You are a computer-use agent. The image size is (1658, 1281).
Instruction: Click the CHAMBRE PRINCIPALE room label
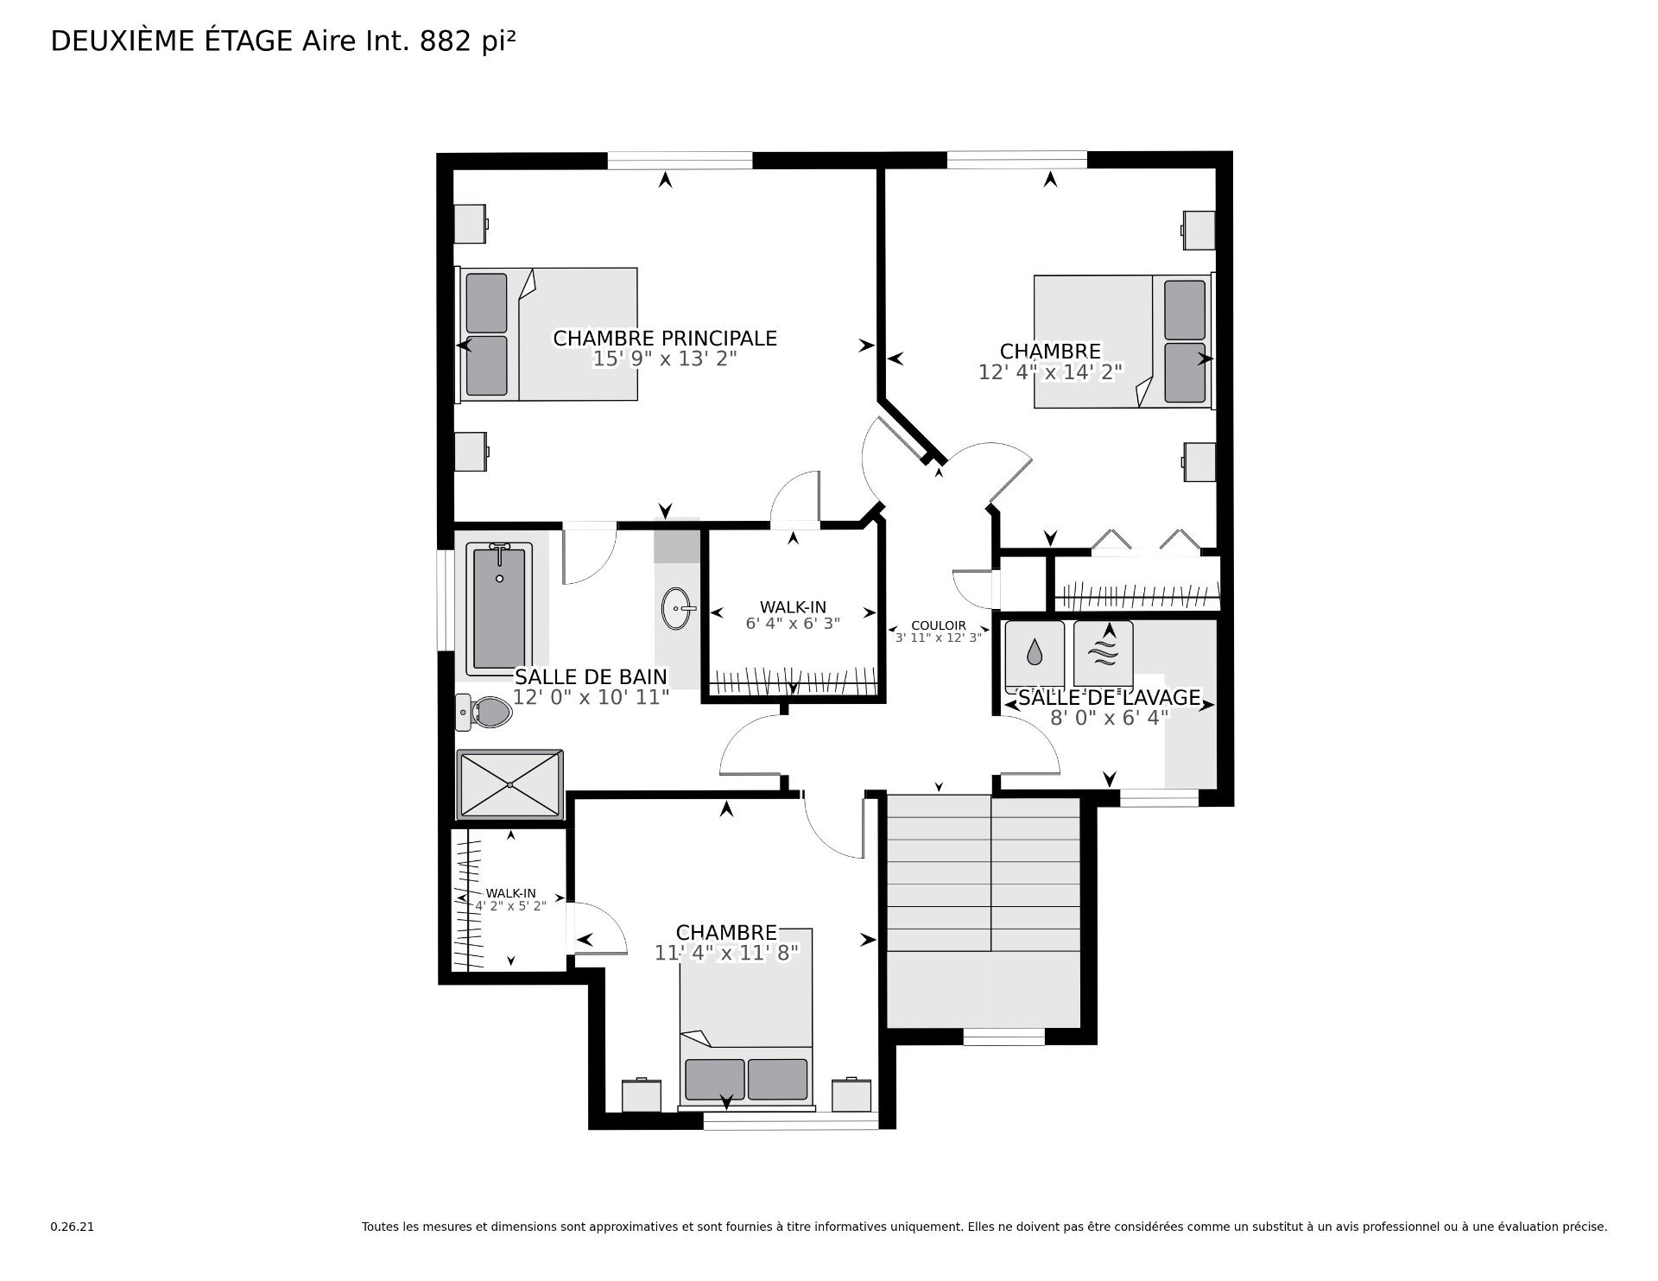pyautogui.click(x=665, y=339)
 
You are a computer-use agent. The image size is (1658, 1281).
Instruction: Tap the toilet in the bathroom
pyautogui.click(x=484, y=712)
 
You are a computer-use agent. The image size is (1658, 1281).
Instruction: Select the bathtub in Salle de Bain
pyautogui.click(x=499, y=609)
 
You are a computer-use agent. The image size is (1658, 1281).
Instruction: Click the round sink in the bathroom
pyautogui.click(x=679, y=610)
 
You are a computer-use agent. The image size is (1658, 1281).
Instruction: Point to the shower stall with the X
pyautogui.click(x=509, y=783)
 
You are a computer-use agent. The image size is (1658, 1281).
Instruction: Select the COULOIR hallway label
pyautogui.click(x=939, y=625)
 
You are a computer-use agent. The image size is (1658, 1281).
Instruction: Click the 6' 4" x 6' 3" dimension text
pyautogui.click(x=793, y=623)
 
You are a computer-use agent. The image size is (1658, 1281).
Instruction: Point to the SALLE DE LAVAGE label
pyautogui.click(x=1110, y=697)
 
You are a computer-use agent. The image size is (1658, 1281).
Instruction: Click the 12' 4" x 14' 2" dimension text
pyautogui.click(x=1050, y=371)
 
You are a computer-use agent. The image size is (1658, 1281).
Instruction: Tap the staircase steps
pyautogui.click(x=984, y=910)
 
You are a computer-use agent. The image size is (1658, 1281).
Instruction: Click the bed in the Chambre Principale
pyautogui.click(x=547, y=333)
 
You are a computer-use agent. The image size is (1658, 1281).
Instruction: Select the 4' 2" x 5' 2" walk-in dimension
pyautogui.click(x=510, y=905)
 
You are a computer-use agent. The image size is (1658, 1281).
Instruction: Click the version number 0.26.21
pyautogui.click(x=72, y=1226)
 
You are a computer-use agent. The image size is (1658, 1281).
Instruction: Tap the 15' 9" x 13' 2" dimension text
pyautogui.click(x=665, y=358)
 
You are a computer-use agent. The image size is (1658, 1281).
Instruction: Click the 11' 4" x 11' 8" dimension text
pyautogui.click(x=726, y=952)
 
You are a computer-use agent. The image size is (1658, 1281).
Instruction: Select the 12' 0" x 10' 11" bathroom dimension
pyautogui.click(x=592, y=696)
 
